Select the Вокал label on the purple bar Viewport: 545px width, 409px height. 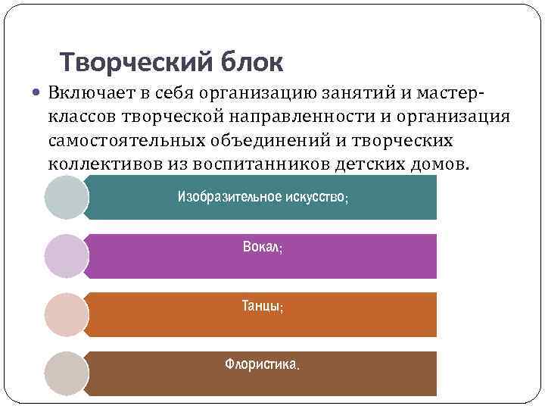tap(262, 248)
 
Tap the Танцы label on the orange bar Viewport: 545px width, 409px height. tap(262, 307)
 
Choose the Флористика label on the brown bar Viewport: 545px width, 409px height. tap(262, 365)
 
